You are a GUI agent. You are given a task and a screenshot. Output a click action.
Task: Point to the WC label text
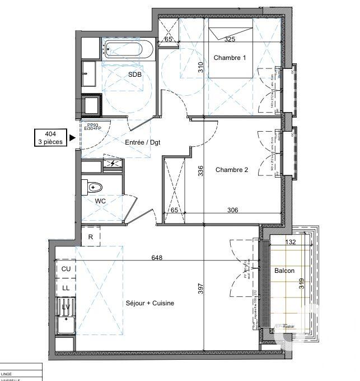coord(101,200)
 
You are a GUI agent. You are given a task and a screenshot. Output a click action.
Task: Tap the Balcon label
coord(284,271)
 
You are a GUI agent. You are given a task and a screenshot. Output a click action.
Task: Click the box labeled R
coord(90,236)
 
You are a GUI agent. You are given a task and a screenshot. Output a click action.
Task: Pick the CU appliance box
coord(66,269)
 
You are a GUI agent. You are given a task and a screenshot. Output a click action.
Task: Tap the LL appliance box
coord(66,287)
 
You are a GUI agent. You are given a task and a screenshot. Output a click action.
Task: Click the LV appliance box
coord(66,306)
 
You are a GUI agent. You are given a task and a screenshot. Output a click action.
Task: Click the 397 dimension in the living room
coord(200,289)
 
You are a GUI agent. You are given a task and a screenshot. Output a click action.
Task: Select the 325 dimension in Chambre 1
coord(230,40)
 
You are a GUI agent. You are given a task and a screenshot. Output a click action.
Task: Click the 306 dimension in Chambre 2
coord(233,210)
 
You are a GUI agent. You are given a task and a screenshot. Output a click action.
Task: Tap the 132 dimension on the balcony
coord(290,242)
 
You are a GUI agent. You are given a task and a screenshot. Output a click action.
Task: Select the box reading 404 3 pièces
coord(50,138)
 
